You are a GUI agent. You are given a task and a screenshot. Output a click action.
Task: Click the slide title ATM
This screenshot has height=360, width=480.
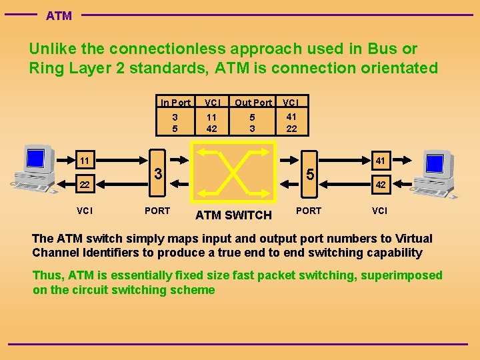[59, 15]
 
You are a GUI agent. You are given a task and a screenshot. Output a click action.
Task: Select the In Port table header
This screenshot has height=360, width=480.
[175, 103]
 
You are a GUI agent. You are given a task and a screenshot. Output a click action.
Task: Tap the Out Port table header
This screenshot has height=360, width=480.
[253, 103]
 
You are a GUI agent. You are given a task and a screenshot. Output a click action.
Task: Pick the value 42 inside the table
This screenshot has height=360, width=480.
[212, 129]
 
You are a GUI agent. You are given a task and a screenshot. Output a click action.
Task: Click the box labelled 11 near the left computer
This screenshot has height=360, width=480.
[84, 161]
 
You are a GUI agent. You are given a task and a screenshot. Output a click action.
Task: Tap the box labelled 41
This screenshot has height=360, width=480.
[380, 161]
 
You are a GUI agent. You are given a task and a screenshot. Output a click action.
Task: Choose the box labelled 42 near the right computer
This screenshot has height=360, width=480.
[380, 185]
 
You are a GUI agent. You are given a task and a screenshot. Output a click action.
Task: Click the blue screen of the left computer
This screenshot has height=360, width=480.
[35, 159]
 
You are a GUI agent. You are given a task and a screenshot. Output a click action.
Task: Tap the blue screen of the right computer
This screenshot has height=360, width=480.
[435, 163]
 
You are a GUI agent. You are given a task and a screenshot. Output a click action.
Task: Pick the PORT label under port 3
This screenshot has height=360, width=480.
[157, 211]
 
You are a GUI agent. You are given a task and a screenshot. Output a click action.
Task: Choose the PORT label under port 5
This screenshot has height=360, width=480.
[308, 211]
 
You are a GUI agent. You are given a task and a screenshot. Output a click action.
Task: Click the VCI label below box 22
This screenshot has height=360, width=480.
[84, 211]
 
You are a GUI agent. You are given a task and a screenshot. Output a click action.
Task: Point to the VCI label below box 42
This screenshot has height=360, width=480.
[379, 211]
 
